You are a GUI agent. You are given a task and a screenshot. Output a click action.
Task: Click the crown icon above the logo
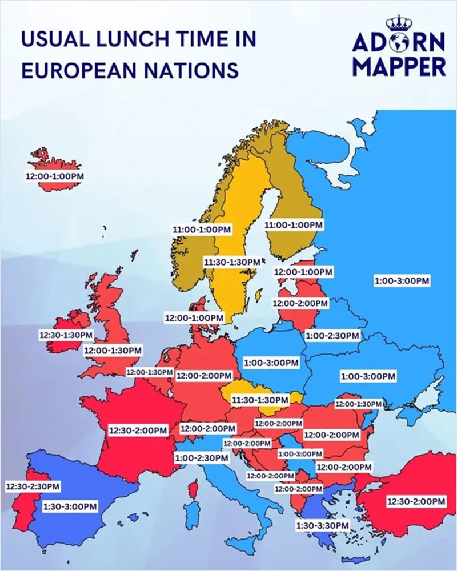coord(398,23)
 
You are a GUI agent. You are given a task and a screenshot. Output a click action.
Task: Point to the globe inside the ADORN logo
coord(398,43)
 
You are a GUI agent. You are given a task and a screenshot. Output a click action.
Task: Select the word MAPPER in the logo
coord(399,65)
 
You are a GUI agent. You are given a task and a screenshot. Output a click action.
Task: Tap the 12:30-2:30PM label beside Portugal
coord(33,486)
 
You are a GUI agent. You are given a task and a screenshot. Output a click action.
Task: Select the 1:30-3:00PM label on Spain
coord(70,506)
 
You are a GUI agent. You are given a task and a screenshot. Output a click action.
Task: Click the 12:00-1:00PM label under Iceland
coord(54,176)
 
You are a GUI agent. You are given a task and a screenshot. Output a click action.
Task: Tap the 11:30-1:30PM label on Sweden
coord(232,262)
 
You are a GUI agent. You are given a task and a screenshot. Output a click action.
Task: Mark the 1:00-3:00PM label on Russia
coord(402,281)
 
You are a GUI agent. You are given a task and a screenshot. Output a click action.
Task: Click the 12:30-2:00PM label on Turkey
coord(416,501)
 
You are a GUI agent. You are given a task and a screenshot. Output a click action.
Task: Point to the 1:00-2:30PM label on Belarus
coord(332,335)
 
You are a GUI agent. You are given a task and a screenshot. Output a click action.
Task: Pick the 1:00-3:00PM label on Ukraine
coord(368,376)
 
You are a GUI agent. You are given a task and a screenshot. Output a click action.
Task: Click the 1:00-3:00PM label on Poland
coord(271,363)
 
